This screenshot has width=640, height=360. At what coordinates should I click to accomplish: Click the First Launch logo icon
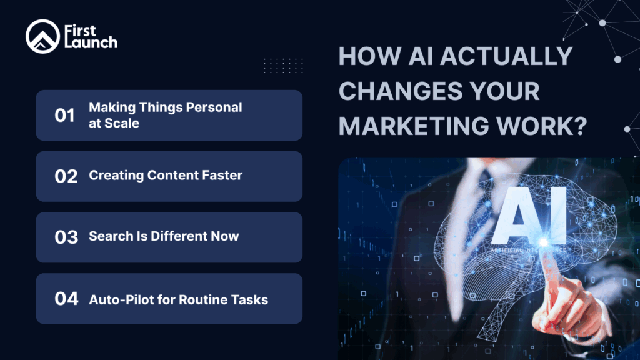tap(42, 37)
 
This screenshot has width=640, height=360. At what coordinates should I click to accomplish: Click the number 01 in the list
tap(64, 116)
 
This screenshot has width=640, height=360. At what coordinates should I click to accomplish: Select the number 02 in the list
tap(66, 176)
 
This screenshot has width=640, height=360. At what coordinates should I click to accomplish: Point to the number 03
tap(66, 237)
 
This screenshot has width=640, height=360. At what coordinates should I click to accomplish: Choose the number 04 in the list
tap(66, 299)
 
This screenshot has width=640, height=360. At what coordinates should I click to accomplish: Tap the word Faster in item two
tap(219, 176)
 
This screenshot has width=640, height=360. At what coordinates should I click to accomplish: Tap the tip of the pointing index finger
tap(542, 243)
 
